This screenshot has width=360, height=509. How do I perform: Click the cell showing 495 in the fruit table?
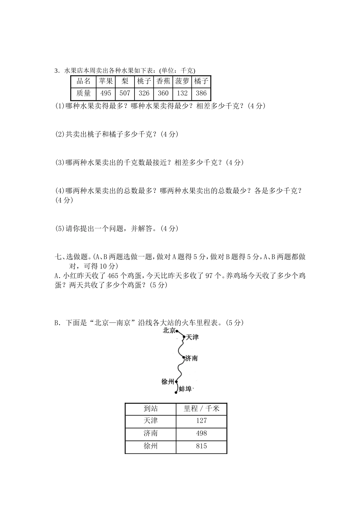[x=106, y=93]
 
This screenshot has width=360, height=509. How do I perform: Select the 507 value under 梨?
[x=125, y=93]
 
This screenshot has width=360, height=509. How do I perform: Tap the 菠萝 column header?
[x=182, y=81]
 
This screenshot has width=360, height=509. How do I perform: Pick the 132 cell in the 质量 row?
[x=182, y=93]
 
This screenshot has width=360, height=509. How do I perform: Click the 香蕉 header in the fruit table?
[x=163, y=81]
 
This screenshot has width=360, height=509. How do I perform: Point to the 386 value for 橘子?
[x=201, y=93]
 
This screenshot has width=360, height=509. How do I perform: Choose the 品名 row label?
[x=84, y=81]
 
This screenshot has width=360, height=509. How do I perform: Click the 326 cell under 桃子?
[x=144, y=93]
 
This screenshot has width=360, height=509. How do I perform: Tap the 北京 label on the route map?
[x=169, y=331]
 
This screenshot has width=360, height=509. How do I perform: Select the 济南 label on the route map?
[x=191, y=358]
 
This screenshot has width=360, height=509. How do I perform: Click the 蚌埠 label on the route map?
[x=185, y=389]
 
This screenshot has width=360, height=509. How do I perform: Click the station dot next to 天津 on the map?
[x=184, y=336]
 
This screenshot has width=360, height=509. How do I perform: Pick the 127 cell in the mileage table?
[x=201, y=420]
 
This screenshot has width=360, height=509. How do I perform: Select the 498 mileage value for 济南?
[x=201, y=433]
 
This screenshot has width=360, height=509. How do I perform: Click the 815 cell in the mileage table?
[x=201, y=446]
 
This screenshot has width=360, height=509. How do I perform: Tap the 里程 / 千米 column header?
[x=201, y=408]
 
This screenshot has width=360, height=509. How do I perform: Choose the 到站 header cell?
[x=150, y=408]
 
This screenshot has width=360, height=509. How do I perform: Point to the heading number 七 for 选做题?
[x=58, y=257]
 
